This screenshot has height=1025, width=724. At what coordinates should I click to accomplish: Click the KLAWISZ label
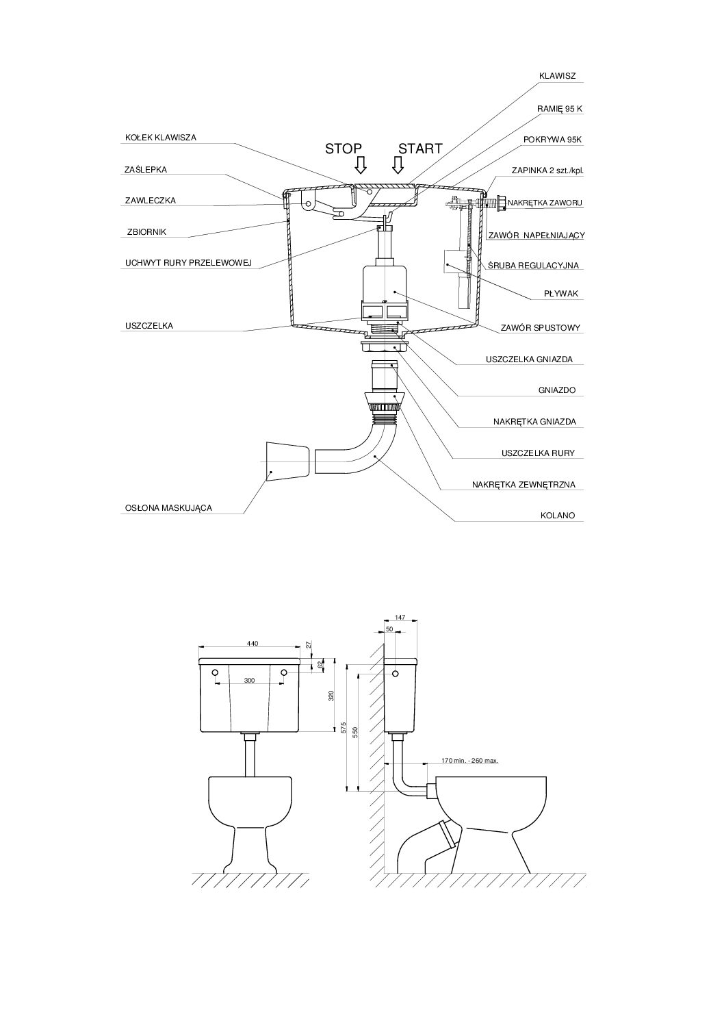[x=557, y=76]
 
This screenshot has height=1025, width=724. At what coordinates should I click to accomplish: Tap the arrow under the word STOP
[x=361, y=165]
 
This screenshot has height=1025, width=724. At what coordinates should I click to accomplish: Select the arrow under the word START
[x=398, y=165]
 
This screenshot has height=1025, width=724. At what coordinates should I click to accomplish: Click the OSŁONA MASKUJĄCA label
[x=169, y=508]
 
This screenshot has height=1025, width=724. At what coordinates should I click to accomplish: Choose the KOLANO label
[x=558, y=516]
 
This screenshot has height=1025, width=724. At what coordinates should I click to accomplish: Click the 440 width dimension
[x=253, y=644]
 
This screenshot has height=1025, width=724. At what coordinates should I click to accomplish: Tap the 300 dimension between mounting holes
[x=249, y=681]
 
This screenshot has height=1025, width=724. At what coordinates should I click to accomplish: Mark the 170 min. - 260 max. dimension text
[x=469, y=761]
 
